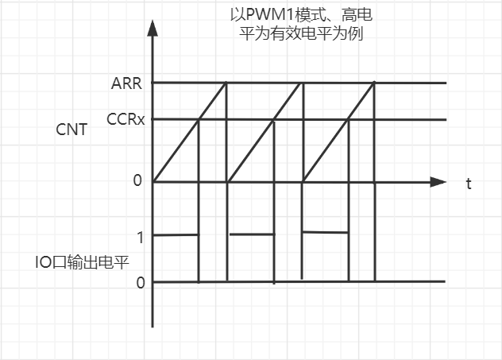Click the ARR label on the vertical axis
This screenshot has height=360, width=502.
pos(126,83)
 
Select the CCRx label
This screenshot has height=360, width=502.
pos(125,120)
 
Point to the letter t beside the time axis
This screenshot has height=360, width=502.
pos(469,184)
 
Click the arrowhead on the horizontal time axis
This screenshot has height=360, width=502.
pos(438,182)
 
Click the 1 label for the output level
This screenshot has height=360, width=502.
pos(140,237)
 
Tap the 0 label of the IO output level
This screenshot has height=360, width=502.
pos(141,282)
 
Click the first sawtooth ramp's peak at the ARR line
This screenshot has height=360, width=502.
pos(226,83)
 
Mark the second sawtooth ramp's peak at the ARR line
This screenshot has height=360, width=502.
pos(302,83)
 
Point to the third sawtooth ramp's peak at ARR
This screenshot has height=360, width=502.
pos(373,83)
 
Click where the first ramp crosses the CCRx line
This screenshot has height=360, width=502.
pos(198,120)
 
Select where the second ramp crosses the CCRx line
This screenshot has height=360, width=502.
pos(273,120)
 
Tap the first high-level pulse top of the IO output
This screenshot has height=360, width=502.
pos(175,234)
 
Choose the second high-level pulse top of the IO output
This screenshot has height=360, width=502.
pos(251,234)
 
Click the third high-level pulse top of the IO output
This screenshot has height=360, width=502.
pos(325,232)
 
